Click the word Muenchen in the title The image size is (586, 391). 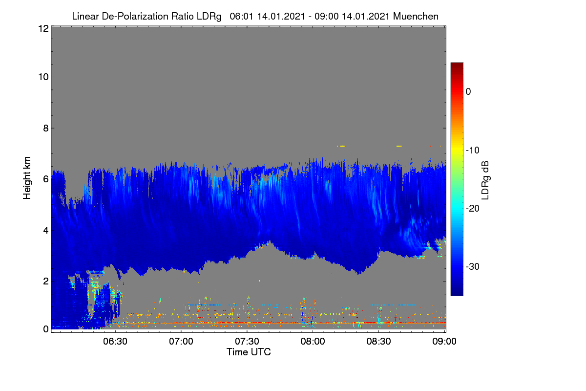tap(416, 17)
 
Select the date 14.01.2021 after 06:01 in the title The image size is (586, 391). tap(281, 17)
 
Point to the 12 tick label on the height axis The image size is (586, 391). tap(43, 28)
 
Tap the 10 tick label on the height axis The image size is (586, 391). tap(43, 77)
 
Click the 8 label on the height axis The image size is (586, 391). tap(46, 128)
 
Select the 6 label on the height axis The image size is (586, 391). tap(46, 179)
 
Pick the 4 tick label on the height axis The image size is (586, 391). tap(46, 230)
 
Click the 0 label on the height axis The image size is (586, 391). tap(46, 329)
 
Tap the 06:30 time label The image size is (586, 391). tap(115, 341)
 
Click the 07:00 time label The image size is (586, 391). tap(181, 341)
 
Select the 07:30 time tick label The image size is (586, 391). tap(247, 341)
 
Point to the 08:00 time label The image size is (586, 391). tap(313, 341)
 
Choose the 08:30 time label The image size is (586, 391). tap(378, 341)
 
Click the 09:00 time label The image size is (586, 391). tap(444, 341)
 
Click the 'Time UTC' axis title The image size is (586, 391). tap(249, 352)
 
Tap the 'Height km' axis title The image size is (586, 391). tap(27, 178)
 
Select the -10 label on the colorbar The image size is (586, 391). tap(473, 151)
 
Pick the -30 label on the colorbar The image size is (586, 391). tap(473, 266)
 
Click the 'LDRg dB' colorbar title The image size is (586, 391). tap(485, 180)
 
